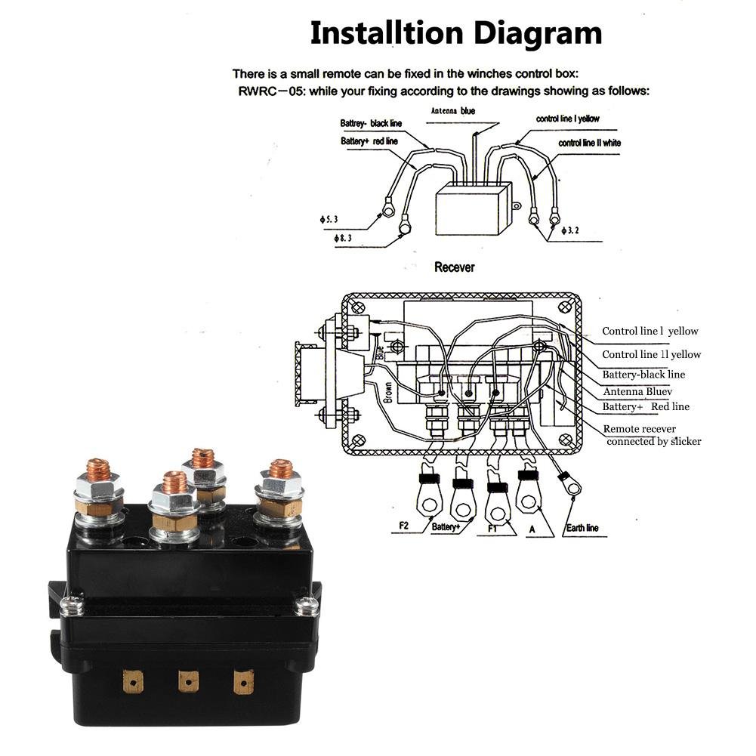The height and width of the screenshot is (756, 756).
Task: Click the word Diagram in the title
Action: [538, 34]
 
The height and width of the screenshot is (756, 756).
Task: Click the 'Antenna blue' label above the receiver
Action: [452, 111]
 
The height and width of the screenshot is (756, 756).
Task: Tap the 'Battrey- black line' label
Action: [371, 123]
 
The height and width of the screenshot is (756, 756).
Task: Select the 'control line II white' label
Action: [590, 143]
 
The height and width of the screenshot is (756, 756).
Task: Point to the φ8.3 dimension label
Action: [342, 238]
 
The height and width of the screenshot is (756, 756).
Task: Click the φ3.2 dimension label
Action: [570, 230]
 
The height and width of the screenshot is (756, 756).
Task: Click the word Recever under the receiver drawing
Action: [454, 267]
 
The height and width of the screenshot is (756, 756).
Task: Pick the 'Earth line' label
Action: [582, 528]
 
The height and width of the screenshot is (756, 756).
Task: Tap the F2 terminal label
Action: [403, 526]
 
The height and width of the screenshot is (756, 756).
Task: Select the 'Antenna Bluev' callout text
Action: [637, 391]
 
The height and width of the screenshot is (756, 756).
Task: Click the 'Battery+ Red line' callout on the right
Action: [646, 406]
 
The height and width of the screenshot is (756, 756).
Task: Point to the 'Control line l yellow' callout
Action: [650, 332]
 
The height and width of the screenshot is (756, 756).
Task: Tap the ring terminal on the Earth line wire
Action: [570, 485]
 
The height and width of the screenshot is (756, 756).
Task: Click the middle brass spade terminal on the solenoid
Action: [188, 681]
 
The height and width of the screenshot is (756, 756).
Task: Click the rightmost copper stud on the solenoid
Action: [281, 469]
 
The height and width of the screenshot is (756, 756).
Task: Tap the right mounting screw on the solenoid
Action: [307, 605]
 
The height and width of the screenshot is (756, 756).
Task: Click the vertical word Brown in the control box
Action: [387, 393]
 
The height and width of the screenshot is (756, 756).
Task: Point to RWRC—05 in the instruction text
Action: [272, 91]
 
